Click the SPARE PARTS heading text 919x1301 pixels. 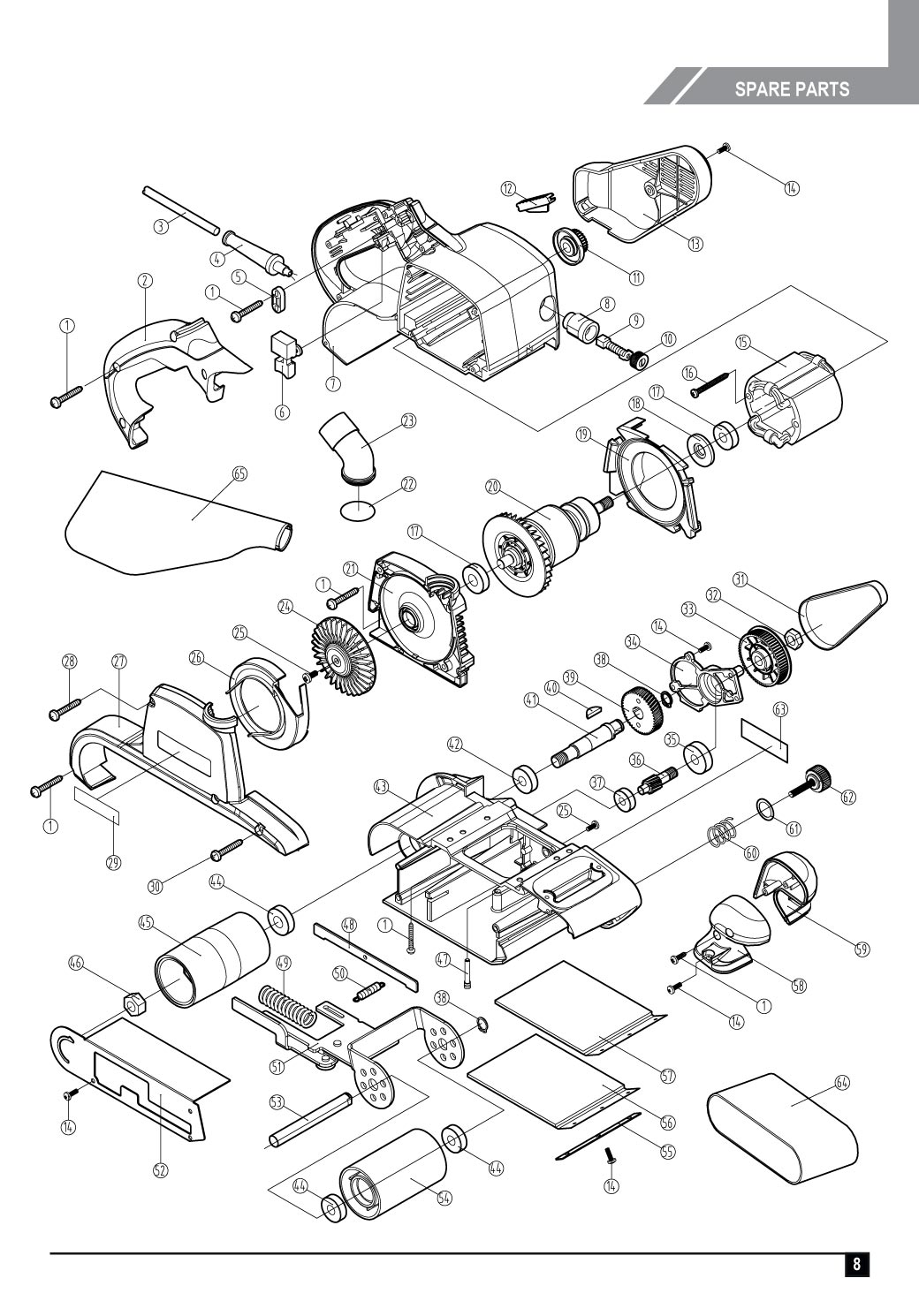(x=791, y=89)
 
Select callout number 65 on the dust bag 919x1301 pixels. (x=239, y=473)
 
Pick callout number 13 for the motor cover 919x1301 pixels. (x=696, y=244)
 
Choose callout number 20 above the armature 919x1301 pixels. (x=493, y=486)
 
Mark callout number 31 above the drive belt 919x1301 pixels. (x=741, y=579)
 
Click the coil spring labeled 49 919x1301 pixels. (x=287, y=1003)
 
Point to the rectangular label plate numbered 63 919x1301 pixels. (x=762, y=731)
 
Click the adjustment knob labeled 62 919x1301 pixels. (x=817, y=780)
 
